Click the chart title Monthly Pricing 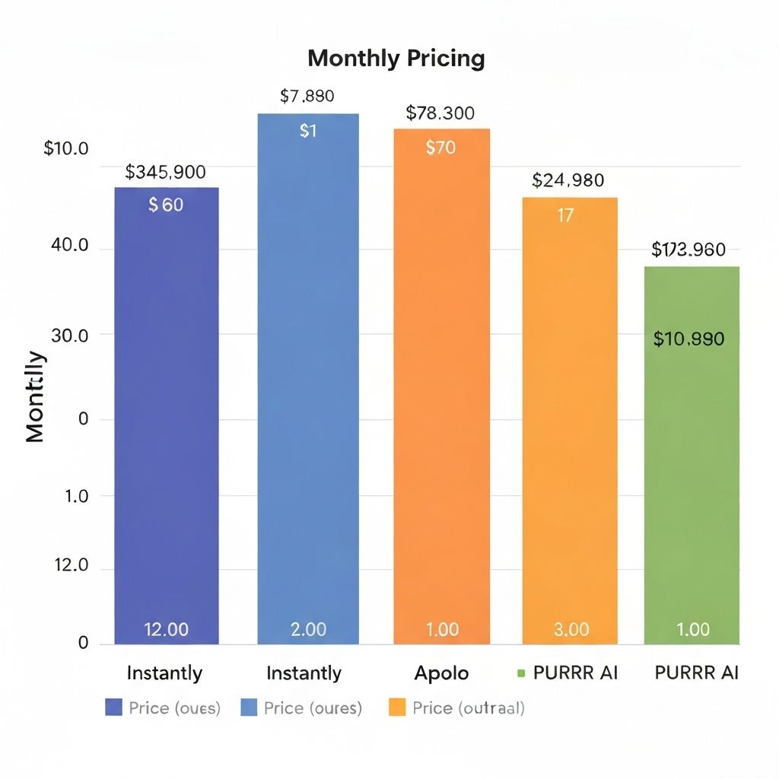click(x=396, y=59)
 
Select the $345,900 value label click(x=165, y=172)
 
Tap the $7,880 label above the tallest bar click(x=307, y=97)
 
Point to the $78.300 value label click(x=440, y=113)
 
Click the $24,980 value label click(x=568, y=180)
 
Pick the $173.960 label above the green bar click(x=688, y=250)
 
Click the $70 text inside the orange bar click(x=441, y=148)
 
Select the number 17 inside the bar click(x=565, y=215)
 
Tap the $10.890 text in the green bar click(x=688, y=339)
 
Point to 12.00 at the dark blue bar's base click(x=167, y=629)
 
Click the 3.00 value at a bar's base click(x=570, y=629)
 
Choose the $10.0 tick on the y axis click(x=66, y=148)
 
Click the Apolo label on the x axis click(x=441, y=673)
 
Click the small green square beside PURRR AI click(x=521, y=673)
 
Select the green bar click(x=692, y=456)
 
